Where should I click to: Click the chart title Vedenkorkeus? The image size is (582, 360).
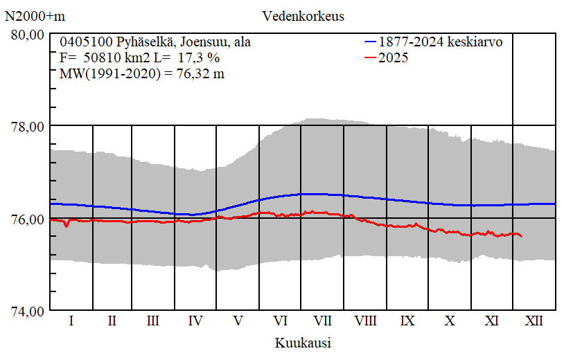(x=303, y=15)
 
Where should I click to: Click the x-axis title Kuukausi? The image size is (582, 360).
(x=303, y=343)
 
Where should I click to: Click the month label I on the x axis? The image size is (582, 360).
(x=71, y=321)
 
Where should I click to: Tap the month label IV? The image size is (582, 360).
(x=195, y=321)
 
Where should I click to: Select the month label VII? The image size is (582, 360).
(x=322, y=321)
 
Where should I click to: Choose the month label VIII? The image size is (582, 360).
(x=365, y=321)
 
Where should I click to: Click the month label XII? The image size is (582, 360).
(x=534, y=321)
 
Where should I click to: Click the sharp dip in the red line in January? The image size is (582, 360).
(x=66, y=226)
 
